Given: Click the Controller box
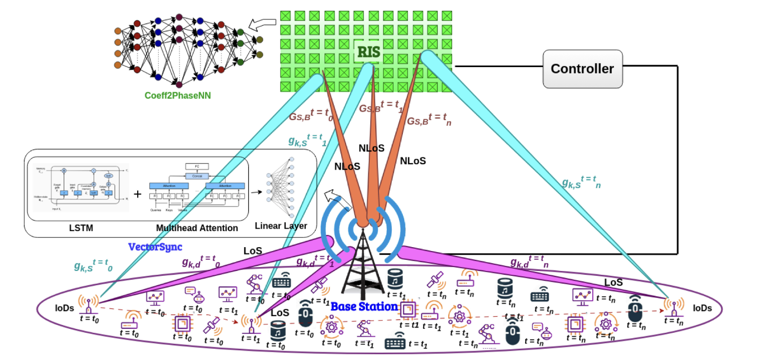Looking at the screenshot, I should (582, 69).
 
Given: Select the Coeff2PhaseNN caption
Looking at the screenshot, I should (178, 95).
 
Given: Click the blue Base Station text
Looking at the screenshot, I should (364, 307).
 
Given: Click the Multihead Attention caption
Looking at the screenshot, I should (197, 228).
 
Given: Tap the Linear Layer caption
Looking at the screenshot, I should (281, 226).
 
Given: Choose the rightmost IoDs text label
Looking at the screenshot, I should (703, 308).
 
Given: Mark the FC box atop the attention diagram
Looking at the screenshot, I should (197, 166).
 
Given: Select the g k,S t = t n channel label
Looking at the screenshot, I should (581, 181).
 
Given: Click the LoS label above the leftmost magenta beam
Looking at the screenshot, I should (253, 251).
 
